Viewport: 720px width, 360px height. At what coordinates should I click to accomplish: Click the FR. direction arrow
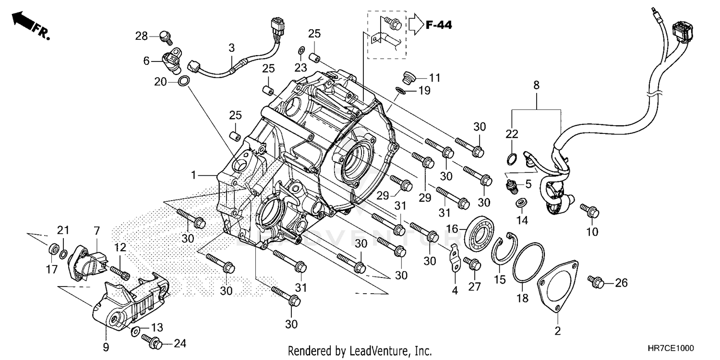tap(24, 22)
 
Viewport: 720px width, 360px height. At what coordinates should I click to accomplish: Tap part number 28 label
tap(141, 36)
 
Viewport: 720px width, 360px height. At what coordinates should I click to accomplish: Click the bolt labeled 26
tap(595, 283)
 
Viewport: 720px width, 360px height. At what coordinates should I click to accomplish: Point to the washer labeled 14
tap(521, 203)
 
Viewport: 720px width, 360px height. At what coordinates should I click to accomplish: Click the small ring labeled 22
tap(512, 158)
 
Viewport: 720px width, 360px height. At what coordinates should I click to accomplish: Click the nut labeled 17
tap(54, 250)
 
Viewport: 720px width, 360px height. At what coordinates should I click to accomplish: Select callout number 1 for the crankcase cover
tap(193, 176)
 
